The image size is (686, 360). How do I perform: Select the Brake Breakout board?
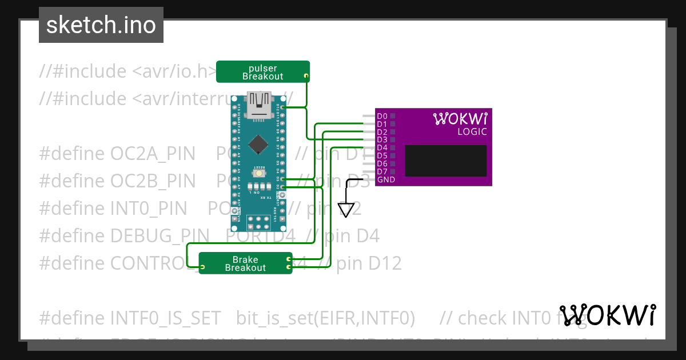tap(245, 263)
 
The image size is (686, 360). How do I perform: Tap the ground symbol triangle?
tap(346, 210)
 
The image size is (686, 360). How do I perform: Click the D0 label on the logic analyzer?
tap(382, 116)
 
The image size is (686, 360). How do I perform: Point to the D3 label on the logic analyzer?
tap(382, 139)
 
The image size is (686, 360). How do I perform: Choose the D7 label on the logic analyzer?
tap(382, 171)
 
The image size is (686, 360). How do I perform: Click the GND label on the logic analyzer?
tap(385, 180)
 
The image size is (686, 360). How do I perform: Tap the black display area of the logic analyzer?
tap(446, 160)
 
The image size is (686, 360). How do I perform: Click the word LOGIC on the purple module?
tap(472, 132)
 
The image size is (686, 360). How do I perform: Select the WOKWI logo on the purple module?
tap(460, 119)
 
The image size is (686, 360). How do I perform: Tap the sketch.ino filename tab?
tap(101, 25)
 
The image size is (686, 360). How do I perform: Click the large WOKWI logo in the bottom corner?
tap(608, 315)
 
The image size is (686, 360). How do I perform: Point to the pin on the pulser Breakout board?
tap(306, 76)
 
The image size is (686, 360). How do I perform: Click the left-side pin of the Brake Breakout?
tap(202, 267)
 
